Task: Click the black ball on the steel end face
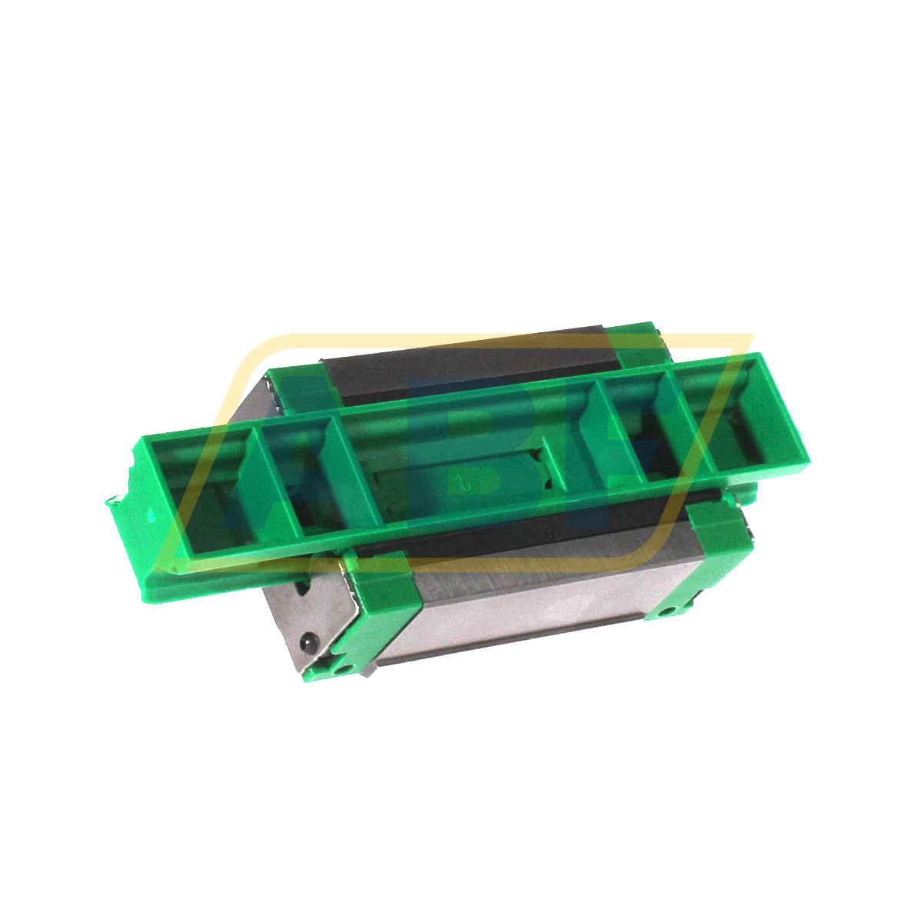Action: click(x=308, y=641)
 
